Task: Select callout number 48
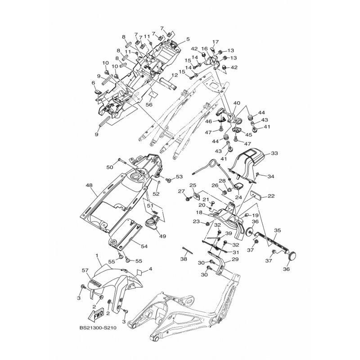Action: [89, 185]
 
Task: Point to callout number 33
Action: [274, 154]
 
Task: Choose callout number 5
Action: [187, 39]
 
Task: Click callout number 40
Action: [237, 103]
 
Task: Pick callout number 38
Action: [184, 260]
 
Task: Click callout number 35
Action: [277, 230]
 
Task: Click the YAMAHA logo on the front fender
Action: [95, 283]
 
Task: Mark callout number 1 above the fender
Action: [97, 255]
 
